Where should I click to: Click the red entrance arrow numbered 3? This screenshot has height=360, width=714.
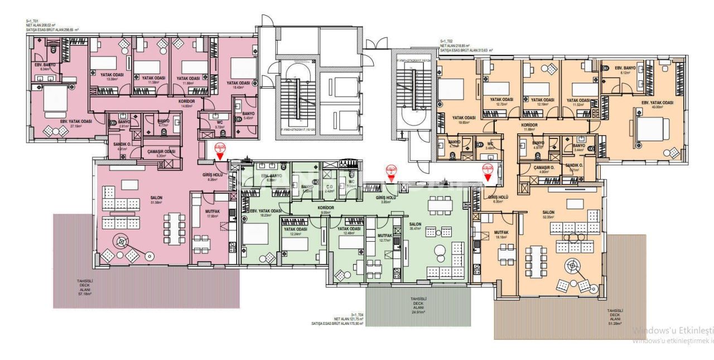pos(220,149)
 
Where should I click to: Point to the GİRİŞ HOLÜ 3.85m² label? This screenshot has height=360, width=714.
pos(385,199)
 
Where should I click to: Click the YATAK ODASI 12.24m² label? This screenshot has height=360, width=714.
pos(296,231)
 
